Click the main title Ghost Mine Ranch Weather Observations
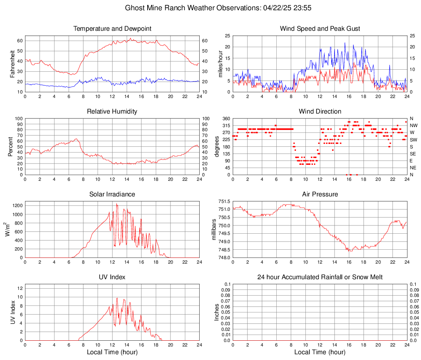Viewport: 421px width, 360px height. (x=210, y=8)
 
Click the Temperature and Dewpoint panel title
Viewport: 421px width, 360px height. (x=112, y=29)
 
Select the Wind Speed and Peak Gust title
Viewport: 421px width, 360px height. (x=320, y=29)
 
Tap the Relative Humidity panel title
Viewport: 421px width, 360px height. (x=112, y=112)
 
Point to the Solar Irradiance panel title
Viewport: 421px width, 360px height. (x=112, y=194)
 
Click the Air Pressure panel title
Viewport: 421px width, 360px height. (x=320, y=194)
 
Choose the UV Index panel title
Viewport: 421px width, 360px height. (x=112, y=277)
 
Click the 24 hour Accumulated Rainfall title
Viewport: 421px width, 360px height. (x=320, y=277)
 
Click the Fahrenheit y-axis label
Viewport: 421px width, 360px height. (x=12, y=64)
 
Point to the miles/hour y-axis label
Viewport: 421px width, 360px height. (x=220, y=64)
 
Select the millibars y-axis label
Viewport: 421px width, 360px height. (x=214, y=230)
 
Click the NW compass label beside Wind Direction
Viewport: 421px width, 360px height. (x=414, y=125)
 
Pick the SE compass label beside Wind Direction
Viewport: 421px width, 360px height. (x=413, y=154)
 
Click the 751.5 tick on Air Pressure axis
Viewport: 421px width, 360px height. (x=224, y=202)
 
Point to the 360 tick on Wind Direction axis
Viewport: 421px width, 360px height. (x=225, y=118)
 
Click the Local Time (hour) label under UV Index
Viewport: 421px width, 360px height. (x=112, y=352)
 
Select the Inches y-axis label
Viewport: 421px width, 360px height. (x=217, y=312)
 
